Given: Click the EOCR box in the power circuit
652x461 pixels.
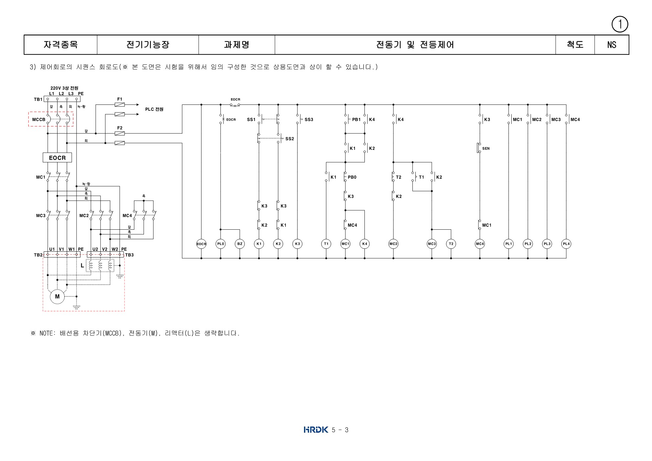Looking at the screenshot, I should tap(57, 158).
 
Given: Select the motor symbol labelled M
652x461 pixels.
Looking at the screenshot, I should tap(57, 296).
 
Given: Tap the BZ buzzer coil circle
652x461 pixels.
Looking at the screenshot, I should tap(240, 244).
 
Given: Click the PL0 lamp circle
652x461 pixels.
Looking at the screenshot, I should tap(221, 244).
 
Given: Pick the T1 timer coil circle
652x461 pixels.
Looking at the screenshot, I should tap(326, 244).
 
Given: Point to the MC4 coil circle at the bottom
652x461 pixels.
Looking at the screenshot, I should tap(480, 244).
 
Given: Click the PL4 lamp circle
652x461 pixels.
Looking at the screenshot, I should tap(566, 244).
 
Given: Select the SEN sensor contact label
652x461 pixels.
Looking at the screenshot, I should tap(486, 149).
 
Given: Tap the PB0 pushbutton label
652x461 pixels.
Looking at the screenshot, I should tap(352, 177).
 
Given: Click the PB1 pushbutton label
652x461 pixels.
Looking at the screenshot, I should tap(356, 120).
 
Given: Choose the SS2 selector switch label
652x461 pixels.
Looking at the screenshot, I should tap(290, 139).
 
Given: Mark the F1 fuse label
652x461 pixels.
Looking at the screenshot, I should tap(120, 99).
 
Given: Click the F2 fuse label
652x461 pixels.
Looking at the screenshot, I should tap(120, 128).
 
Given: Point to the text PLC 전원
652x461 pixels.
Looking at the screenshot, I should tap(154, 109).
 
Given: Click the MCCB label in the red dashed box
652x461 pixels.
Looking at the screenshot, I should tap(38, 120).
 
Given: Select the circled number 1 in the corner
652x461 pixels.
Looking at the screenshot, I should tap(620, 24).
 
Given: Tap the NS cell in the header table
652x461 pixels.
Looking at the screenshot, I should tap(611, 45).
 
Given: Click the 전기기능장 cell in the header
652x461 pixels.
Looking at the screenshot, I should tap(148, 45).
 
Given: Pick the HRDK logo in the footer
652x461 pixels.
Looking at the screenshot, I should tap(315, 429).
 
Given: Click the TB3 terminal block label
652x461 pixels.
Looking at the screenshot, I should tap(129, 255).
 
